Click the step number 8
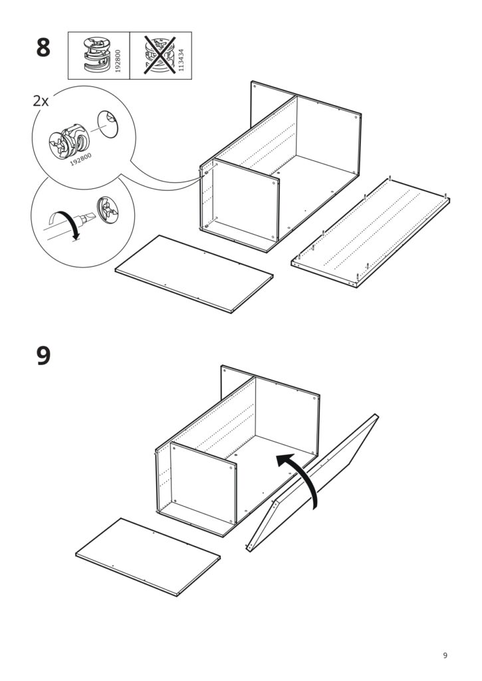(43, 49)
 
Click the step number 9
(43, 355)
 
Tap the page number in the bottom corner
(445, 656)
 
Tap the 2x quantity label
(41, 102)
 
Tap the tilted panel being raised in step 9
(312, 485)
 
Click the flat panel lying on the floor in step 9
(148, 557)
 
